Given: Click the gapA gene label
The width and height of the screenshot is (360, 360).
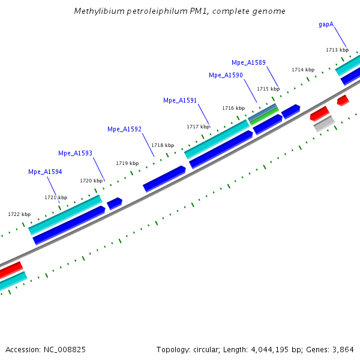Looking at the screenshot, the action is coord(326,25).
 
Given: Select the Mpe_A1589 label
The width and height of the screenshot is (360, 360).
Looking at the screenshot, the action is coord(248,62).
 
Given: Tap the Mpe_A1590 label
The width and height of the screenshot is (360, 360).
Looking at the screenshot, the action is coord(226,75).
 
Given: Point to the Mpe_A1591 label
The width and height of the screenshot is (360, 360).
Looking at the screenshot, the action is coord(180,100).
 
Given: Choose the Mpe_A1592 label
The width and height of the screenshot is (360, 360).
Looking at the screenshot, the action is coord(124,129).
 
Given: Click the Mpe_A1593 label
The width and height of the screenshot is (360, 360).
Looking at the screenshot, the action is coord(75,153).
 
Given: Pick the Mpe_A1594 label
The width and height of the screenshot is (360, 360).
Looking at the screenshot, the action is coord(45,172).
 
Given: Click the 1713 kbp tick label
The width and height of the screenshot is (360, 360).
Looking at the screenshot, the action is coord(337,50).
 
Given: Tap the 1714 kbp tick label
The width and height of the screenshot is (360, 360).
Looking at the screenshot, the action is coord(303,70).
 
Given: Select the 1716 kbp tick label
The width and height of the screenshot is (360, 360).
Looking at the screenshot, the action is coord(233,108).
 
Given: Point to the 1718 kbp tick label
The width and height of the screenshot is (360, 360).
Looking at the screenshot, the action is coord(163,145).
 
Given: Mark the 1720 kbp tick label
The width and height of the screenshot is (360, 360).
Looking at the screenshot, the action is coord(91,181).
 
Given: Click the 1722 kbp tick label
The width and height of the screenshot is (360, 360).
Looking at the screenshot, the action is coord(19,214).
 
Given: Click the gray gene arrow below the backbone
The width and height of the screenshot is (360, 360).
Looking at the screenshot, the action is coord(324,124).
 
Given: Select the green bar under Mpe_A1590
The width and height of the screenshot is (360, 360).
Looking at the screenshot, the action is coord(265,116).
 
